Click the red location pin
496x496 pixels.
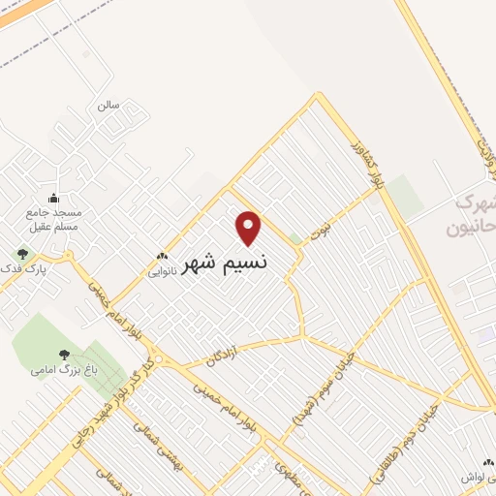(249, 228)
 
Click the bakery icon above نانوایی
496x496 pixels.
(162, 258)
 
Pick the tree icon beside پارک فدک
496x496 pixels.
(22, 254)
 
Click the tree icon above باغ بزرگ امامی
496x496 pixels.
(64, 356)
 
